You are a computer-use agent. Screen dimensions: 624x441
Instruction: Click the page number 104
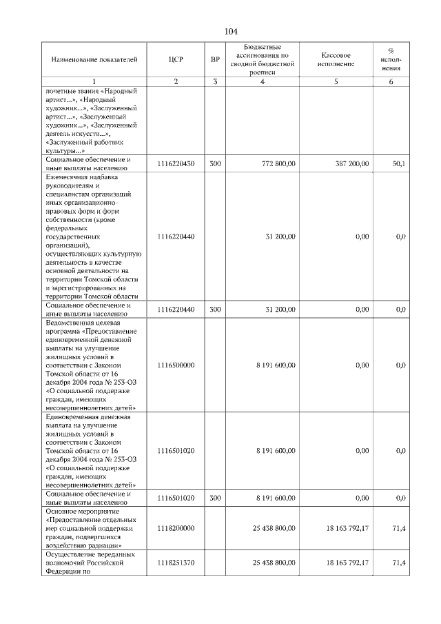(x=230, y=32)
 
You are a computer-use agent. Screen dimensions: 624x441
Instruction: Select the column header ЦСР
(x=176, y=59)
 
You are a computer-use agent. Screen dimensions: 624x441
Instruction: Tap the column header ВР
(x=215, y=59)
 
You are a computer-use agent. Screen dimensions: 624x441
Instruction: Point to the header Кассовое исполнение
(x=336, y=59)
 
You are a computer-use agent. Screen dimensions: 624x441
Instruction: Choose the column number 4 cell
(x=262, y=82)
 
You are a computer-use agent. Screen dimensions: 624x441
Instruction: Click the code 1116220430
(x=176, y=163)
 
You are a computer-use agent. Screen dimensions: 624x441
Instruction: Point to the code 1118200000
(x=176, y=528)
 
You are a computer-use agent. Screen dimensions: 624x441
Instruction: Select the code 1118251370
(x=176, y=563)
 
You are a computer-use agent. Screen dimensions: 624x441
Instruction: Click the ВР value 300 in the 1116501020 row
(x=215, y=497)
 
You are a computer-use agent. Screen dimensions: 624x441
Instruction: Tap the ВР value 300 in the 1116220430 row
(x=215, y=163)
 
